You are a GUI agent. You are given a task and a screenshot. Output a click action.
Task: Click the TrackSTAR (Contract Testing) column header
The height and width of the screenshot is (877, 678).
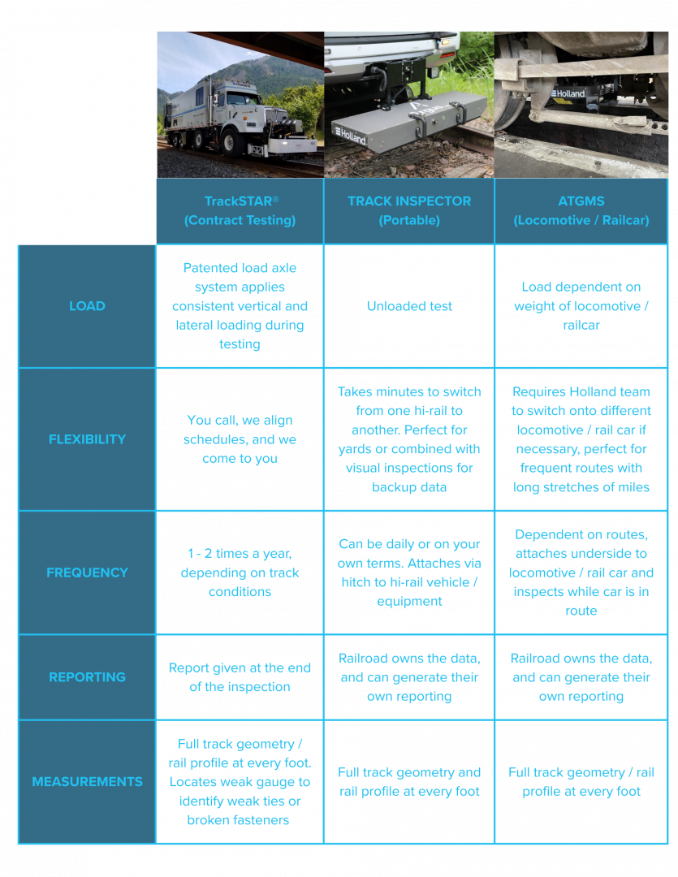pyautogui.click(x=240, y=210)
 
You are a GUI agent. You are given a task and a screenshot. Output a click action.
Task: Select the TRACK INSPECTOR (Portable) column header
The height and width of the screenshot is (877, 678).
pyautogui.click(x=409, y=210)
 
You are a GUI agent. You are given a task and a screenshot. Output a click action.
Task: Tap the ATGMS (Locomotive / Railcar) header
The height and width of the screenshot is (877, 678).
pyautogui.click(x=581, y=210)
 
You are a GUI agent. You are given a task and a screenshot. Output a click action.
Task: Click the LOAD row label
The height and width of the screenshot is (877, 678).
pyautogui.click(x=87, y=306)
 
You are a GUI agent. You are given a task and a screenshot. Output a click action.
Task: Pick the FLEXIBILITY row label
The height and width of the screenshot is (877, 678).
pyautogui.click(x=87, y=439)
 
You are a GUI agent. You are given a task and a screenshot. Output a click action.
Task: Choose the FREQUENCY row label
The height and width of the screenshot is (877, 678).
pyautogui.click(x=87, y=572)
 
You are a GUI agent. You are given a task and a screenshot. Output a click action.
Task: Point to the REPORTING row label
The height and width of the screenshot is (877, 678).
pyautogui.click(x=87, y=676)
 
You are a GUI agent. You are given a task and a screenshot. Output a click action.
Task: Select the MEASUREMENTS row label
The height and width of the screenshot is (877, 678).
pyautogui.click(x=87, y=781)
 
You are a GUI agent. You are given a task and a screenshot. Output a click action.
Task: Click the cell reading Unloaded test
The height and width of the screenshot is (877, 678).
pyautogui.click(x=409, y=306)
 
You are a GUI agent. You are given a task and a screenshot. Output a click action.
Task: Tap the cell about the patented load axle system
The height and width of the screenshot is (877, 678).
pyautogui.click(x=240, y=306)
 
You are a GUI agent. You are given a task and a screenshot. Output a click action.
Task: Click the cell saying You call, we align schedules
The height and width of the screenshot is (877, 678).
pyautogui.click(x=240, y=439)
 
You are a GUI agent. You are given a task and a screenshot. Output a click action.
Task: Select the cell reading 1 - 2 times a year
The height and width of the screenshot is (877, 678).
pyautogui.click(x=240, y=572)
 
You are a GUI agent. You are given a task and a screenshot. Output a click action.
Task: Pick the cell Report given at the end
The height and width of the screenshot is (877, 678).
pyautogui.click(x=240, y=676)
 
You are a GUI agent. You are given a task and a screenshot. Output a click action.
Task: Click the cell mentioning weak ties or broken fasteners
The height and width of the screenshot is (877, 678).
pyautogui.click(x=240, y=781)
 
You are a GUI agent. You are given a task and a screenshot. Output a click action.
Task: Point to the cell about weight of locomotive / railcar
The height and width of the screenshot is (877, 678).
pyautogui.click(x=581, y=306)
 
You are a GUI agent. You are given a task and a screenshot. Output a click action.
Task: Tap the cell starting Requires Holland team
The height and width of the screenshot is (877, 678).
pyautogui.click(x=581, y=439)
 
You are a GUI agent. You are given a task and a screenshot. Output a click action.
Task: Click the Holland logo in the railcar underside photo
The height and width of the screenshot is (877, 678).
pyautogui.click(x=568, y=93)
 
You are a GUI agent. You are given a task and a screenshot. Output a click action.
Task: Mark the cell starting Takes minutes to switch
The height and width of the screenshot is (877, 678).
pyautogui.click(x=409, y=439)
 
